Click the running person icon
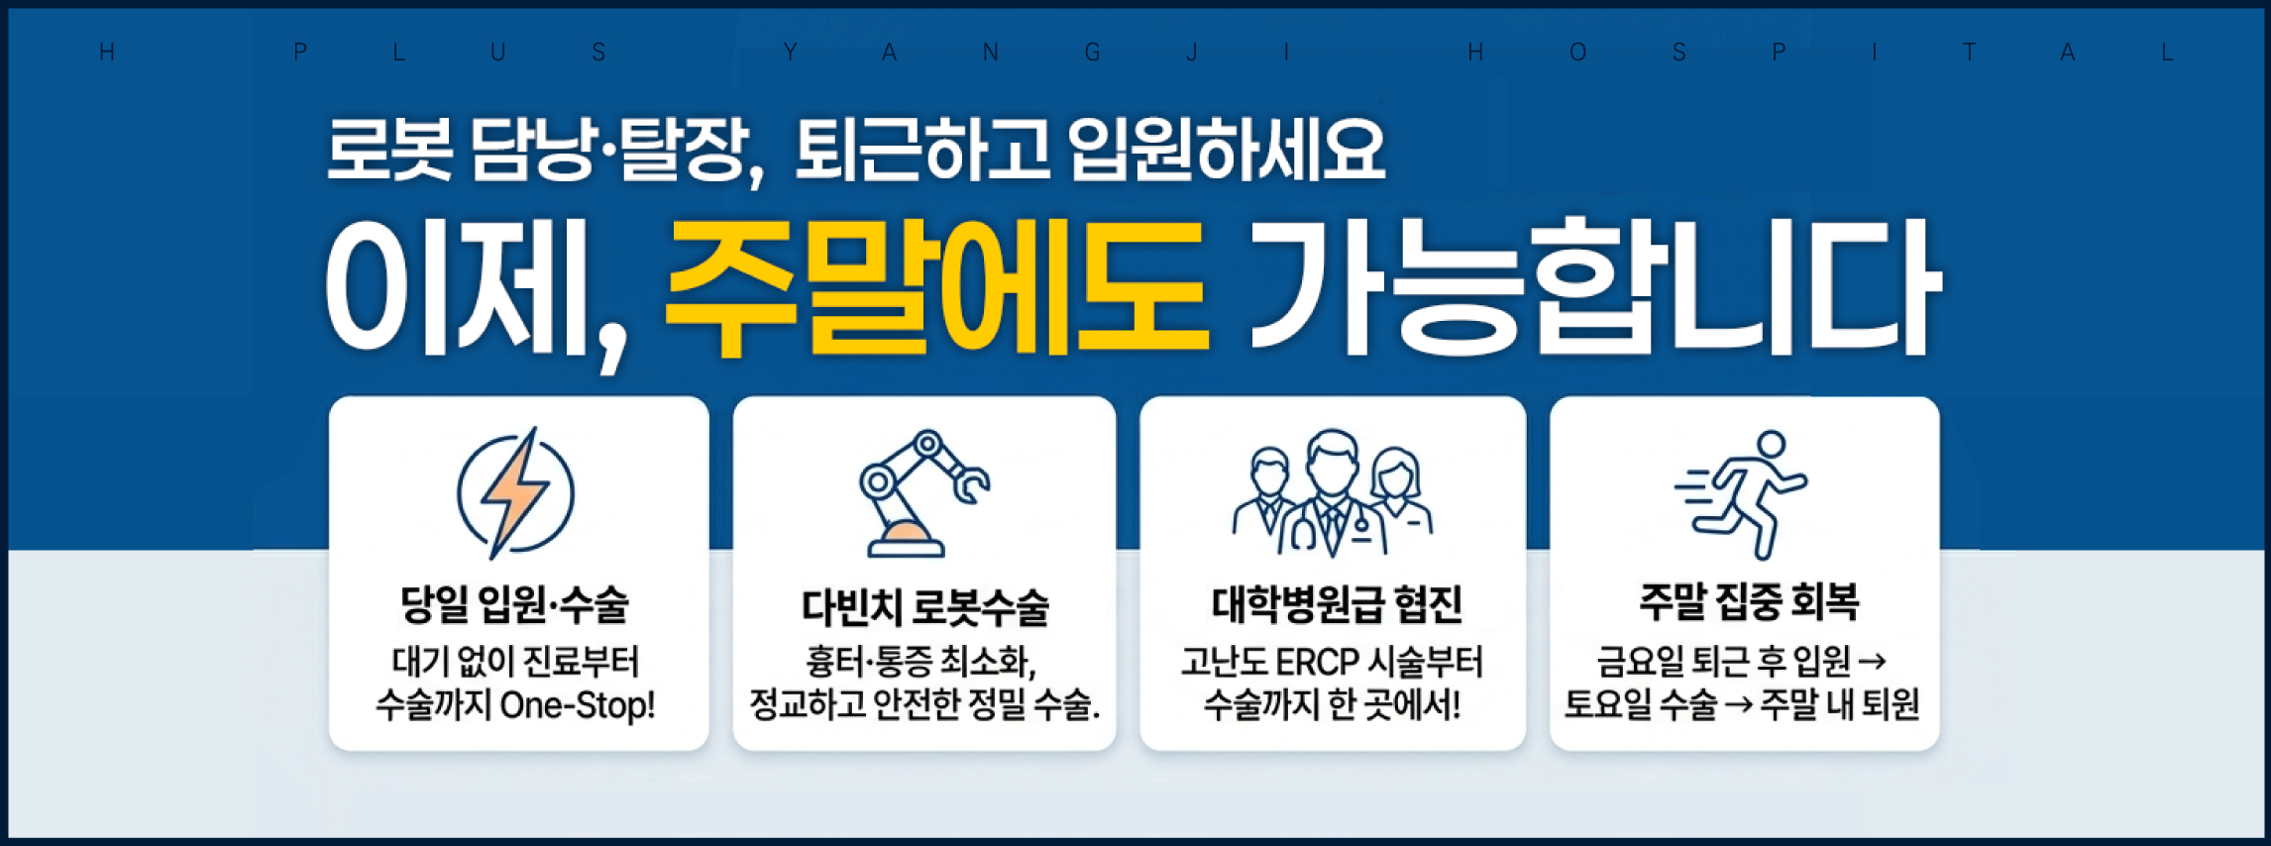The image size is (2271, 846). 1741,493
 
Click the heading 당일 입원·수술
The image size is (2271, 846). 514,603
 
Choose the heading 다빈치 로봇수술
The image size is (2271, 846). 924,606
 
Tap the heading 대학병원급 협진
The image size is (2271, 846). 1336,603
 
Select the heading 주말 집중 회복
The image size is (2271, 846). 1749,601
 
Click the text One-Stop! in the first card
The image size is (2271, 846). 578,705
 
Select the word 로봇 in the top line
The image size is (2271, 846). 389,150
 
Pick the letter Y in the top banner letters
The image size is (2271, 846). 790,53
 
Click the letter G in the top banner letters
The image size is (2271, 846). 1092,53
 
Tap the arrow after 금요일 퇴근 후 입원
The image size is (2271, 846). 1872,661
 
